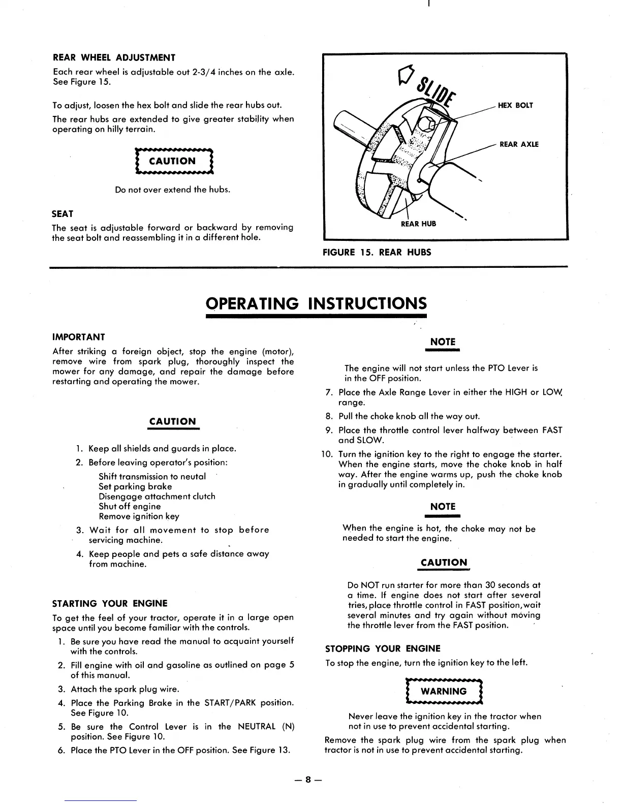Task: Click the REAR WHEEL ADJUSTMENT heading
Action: point(114,57)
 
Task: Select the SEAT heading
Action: point(63,213)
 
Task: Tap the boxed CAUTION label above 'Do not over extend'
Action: point(172,161)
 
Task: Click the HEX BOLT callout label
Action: point(515,105)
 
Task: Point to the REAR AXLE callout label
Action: point(519,144)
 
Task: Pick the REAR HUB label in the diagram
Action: point(418,224)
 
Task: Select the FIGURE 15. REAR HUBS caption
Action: point(377,252)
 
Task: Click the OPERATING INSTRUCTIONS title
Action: point(316,303)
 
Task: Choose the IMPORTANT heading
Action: point(79,337)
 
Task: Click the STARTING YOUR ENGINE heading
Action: point(110,604)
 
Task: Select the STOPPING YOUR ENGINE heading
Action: point(383,648)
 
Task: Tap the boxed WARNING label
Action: point(444,691)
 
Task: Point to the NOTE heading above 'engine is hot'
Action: point(443,507)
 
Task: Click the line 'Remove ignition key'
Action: point(139,516)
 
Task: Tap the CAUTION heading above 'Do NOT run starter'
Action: point(444,563)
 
